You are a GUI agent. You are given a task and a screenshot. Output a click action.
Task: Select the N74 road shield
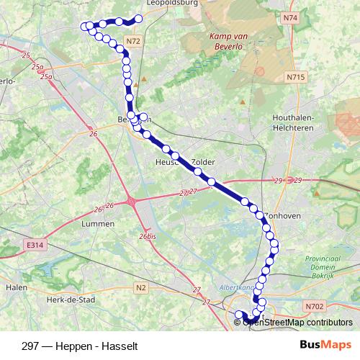[290, 17]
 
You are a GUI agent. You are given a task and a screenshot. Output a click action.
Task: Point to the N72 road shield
[132, 42]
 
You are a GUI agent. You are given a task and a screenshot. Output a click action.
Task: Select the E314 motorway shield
[34, 246]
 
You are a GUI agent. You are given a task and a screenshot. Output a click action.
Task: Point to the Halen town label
[15, 287]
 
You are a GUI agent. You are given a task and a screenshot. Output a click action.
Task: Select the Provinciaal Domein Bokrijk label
[323, 268]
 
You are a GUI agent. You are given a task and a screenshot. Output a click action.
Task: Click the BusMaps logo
[323, 344]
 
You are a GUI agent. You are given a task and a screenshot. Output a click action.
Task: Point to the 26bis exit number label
[148, 235]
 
